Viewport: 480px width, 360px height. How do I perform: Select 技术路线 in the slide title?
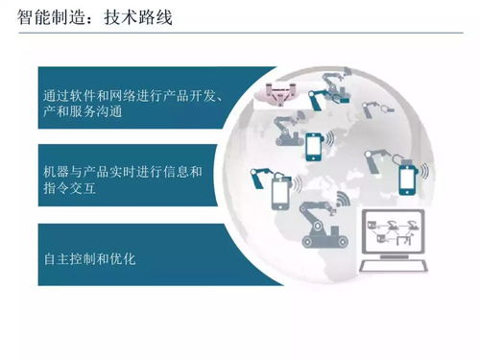click(138, 17)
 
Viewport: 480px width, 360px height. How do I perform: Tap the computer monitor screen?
click(393, 234)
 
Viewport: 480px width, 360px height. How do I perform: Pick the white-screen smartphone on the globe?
click(279, 193)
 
